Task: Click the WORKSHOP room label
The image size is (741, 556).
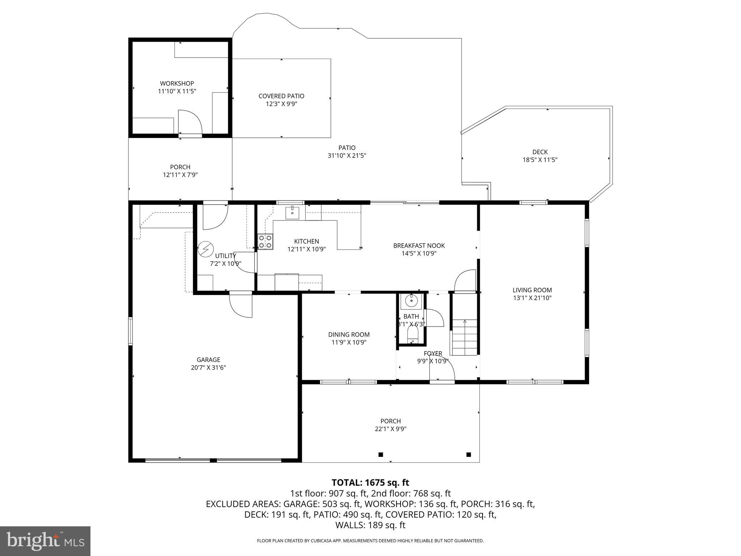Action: coord(177,84)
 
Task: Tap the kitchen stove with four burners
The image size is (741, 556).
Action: coord(265,242)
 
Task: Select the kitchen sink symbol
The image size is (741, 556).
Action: coord(292,213)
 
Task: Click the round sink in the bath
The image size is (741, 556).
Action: coord(411,300)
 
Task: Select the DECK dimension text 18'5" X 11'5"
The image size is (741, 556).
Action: coord(540,160)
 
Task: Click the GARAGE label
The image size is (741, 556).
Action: coord(208,359)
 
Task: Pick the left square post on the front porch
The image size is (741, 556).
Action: coord(381,454)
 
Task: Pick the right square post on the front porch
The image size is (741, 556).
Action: coord(469,454)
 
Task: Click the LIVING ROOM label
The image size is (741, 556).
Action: coord(532,290)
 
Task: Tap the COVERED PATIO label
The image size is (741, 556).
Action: coord(281,96)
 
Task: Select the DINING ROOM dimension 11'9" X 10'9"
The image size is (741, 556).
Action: coord(349,342)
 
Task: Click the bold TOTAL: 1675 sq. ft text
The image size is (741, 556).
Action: coord(370,483)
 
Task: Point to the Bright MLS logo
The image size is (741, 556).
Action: coord(45,541)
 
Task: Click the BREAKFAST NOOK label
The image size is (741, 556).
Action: coord(419,245)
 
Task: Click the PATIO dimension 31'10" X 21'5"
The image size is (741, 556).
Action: coord(347,156)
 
